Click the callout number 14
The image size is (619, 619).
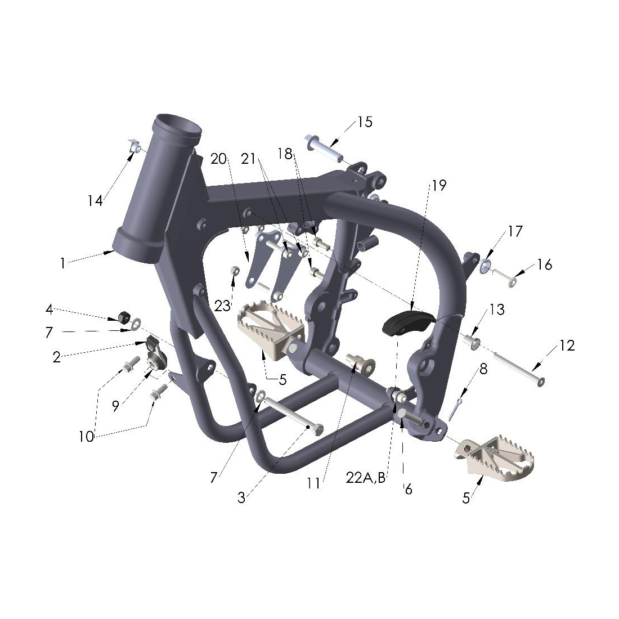(x=95, y=201)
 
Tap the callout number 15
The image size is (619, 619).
(x=365, y=122)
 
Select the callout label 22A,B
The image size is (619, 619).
(x=366, y=478)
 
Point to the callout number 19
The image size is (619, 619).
(x=438, y=185)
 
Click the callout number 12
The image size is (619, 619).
(x=567, y=346)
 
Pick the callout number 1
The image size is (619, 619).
(x=63, y=263)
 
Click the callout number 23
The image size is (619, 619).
(x=222, y=306)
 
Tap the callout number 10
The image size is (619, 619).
(x=86, y=437)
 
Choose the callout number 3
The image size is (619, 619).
(x=241, y=498)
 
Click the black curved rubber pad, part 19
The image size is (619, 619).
(x=409, y=322)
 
